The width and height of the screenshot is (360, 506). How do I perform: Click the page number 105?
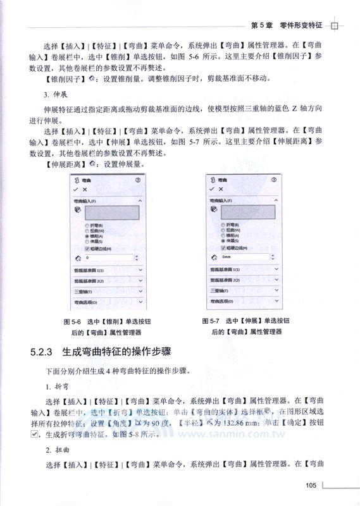coord(310,485)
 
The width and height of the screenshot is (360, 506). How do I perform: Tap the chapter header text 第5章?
coord(263,25)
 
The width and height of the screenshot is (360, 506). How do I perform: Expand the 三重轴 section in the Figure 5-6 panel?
coord(108,292)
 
